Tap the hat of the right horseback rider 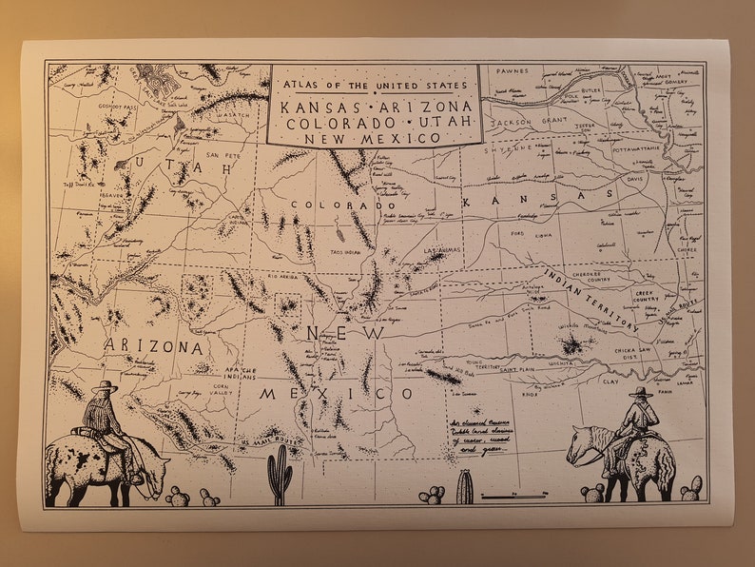641,391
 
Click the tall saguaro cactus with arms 279,475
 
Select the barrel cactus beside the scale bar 464,487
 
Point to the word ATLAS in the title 296,83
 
